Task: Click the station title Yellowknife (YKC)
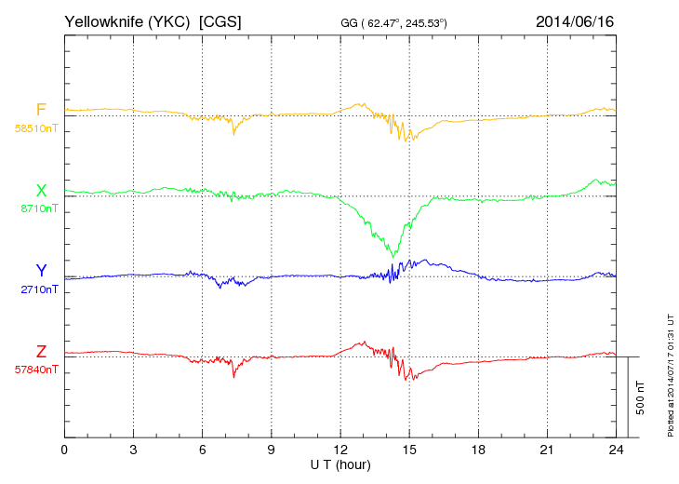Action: point(127,20)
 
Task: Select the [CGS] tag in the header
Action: point(221,20)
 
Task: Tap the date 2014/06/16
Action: point(575,20)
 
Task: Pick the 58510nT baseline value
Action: point(36,128)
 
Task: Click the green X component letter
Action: point(41,191)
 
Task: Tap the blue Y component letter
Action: point(41,271)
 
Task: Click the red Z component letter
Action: point(41,352)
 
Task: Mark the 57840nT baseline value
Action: point(36,370)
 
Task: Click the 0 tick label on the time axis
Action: point(64,449)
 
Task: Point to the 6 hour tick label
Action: point(202,449)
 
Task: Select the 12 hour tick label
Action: point(339,449)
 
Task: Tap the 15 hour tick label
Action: point(408,449)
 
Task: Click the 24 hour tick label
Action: point(615,449)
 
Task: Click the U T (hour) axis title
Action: point(339,464)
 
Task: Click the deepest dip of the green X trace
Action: point(394,256)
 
